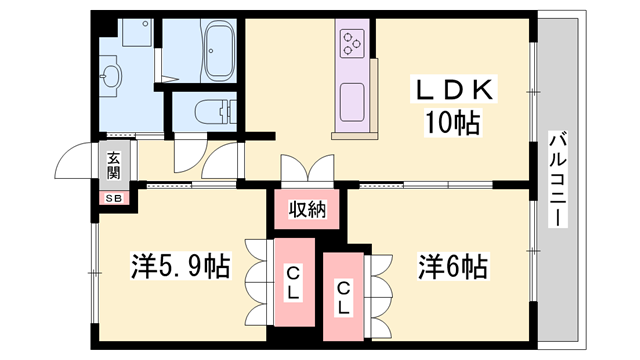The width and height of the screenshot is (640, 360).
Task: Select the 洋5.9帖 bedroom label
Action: (x=181, y=267)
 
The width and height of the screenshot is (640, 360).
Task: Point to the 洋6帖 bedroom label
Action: (x=452, y=267)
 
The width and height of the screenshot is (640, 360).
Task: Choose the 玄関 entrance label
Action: (x=113, y=164)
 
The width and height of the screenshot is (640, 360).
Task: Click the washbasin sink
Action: (x=111, y=78)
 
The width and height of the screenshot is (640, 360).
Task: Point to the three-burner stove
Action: (x=354, y=42)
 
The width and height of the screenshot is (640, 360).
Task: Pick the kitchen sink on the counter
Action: (x=352, y=100)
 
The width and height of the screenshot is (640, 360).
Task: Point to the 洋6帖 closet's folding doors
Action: (x=380, y=290)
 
